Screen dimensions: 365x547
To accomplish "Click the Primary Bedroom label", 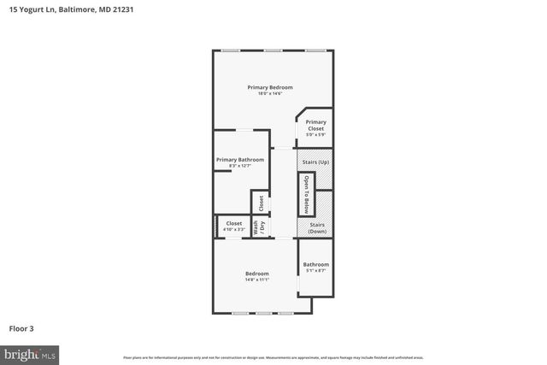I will pyautogui.click(x=270, y=87).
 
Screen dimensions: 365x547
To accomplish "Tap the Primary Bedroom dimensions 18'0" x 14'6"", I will pyautogui.click(x=270, y=93).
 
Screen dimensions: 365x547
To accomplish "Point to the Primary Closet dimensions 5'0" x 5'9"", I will pyautogui.click(x=315, y=135).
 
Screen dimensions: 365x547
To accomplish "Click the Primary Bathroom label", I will pyautogui.click(x=239, y=159).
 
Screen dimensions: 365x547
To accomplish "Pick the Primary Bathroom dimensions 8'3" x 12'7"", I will pyautogui.click(x=239, y=166).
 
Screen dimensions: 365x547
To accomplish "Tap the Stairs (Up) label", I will pyautogui.click(x=314, y=162).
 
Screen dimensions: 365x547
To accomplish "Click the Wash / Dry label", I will pyautogui.click(x=259, y=228).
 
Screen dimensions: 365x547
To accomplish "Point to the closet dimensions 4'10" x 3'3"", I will pyautogui.click(x=234, y=229).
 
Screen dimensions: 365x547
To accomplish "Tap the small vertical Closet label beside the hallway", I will pyautogui.click(x=261, y=203).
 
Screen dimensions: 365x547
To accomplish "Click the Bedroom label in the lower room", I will pyautogui.click(x=257, y=274).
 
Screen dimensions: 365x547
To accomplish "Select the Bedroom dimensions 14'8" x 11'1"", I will pyautogui.click(x=257, y=280).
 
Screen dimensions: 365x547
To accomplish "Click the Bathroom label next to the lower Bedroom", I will pyautogui.click(x=315, y=264).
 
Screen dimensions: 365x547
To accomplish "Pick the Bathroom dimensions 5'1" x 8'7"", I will pyautogui.click(x=315, y=271).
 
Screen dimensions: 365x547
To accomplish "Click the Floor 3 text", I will pyautogui.click(x=21, y=327).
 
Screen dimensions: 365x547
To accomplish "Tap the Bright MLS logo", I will pyautogui.click(x=30, y=353).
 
